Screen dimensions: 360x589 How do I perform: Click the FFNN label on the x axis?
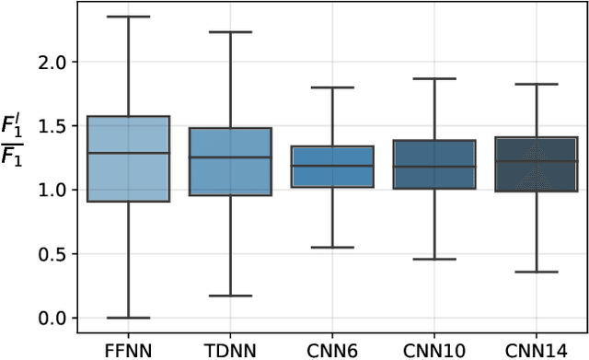pyautogui.click(x=128, y=349)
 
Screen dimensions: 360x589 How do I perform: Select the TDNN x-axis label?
pyautogui.click(x=230, y=349)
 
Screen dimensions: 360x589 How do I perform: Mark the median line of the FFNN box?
pyautogui.click(x=128, y=153)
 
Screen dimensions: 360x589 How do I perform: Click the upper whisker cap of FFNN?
pyautogui.click(x=128, y=17)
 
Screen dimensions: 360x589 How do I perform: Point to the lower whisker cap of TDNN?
pyautogui.click(x=230, y=296)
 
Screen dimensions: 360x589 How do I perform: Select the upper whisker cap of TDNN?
pyautogui.click(x=230, y=32)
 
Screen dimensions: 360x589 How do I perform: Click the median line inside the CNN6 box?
pyautogui.click(x=332, y=166)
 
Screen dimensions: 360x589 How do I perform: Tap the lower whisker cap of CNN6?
pyautogui.click(x=332, y=248)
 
